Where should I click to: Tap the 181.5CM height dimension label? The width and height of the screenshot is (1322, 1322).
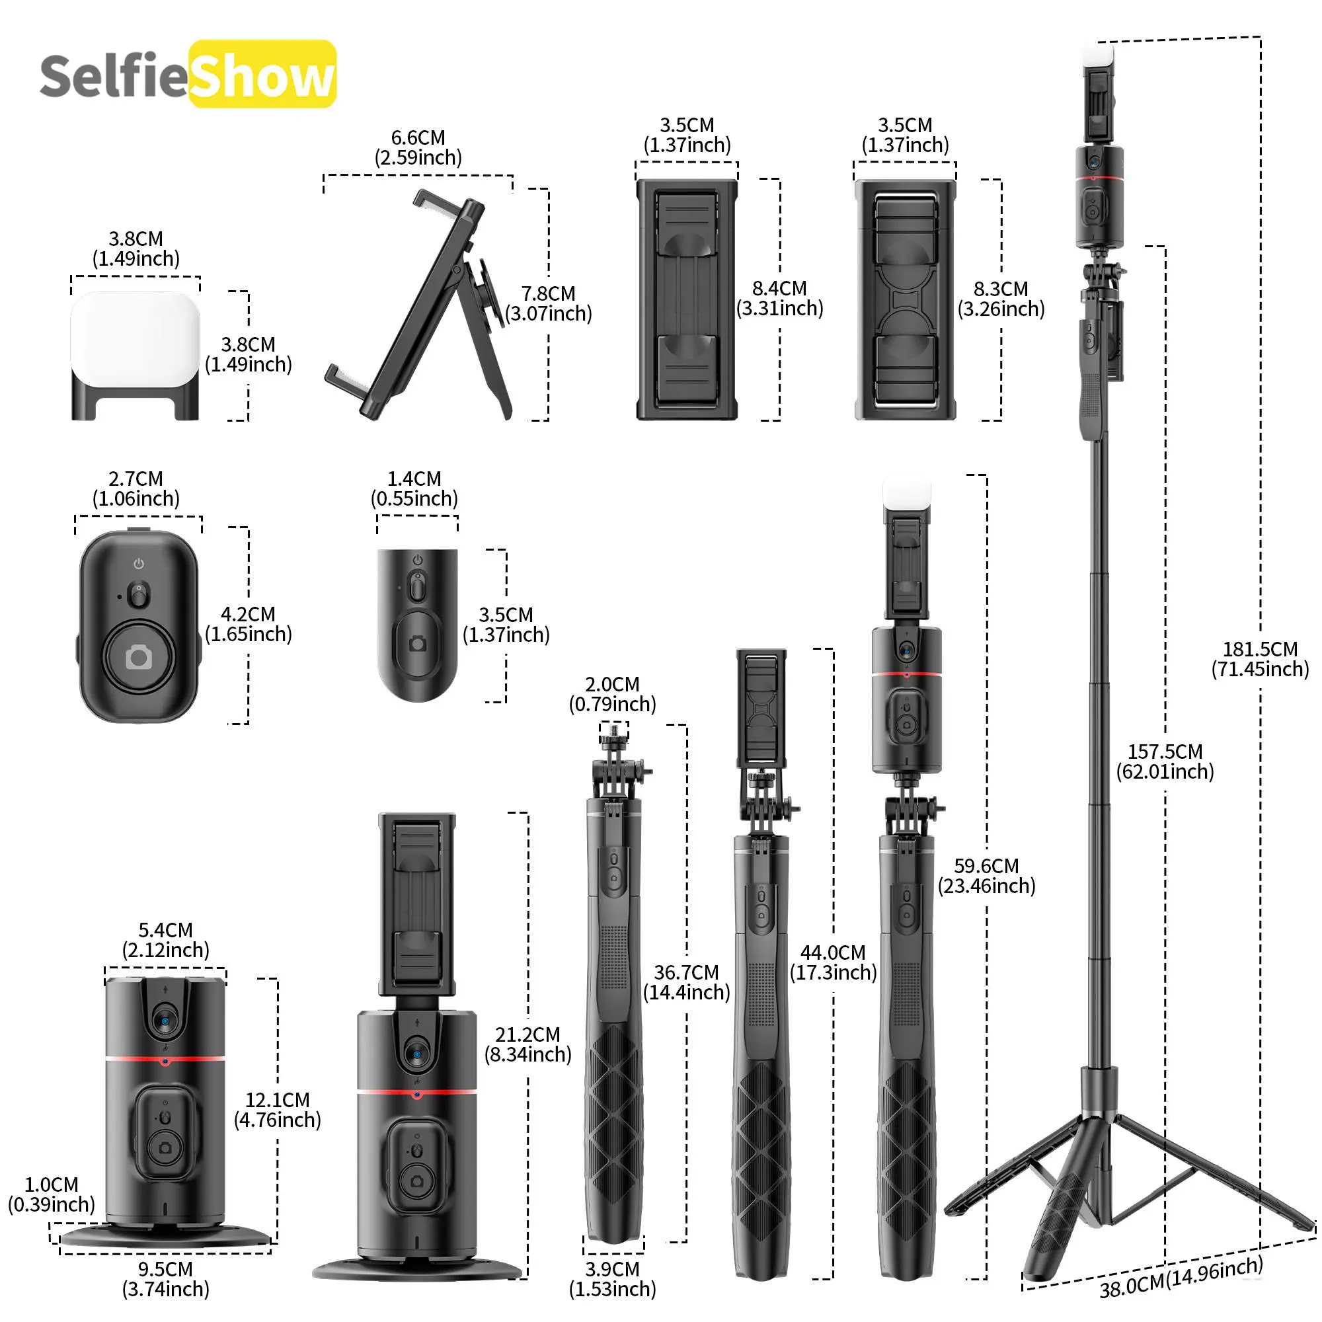[x=1260, y=659]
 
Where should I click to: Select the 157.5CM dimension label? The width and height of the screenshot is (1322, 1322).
[x=1165, y=761]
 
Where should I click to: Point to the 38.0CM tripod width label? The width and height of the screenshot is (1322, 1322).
[x=1181, y=1277]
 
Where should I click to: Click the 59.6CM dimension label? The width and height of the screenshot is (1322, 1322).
[x=986, y=876]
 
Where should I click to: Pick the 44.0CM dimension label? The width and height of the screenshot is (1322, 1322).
[x=833, y=962]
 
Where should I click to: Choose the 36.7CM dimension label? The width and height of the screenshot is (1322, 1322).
[x=686, y=982]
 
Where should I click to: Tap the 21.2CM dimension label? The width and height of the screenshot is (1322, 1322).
[x=527, y=1044]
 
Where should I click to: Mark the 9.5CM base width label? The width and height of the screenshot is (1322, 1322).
[x=166, y=1279]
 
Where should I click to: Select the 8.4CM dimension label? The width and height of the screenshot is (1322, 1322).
[x=779, y=298]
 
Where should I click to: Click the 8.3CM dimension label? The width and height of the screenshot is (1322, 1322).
[x=1000, y=299]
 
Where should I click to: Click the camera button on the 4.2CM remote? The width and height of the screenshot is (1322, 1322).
[x=139, y=658]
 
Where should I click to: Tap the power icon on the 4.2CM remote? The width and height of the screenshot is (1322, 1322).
[x=139, y=564]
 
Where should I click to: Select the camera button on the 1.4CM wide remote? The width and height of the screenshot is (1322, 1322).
[x=417, y=644]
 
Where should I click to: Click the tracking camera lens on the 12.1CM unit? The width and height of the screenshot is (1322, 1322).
[x=165, y=1022]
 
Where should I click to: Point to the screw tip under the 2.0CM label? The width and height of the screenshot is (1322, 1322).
[x=613, y=732]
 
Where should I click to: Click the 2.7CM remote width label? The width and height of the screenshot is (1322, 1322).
[x=136, y=488]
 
